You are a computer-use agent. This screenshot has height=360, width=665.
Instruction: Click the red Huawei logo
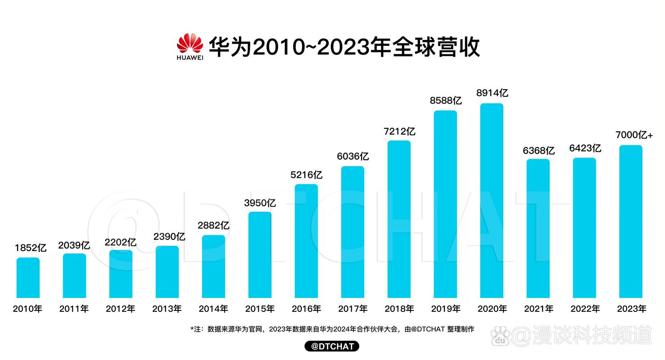(x=190, y=46)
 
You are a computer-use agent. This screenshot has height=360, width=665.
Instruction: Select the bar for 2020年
(x=492, y=201)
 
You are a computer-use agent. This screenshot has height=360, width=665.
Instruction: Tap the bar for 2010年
(x=28, y=278)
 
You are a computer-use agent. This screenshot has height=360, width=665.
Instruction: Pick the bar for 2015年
(x=260, y=255)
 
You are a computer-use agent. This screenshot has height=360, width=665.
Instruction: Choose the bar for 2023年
(x=631, y=221)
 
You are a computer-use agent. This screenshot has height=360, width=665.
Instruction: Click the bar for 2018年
(x=399, y=219)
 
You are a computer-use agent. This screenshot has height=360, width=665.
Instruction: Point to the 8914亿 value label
(x=492, y=93)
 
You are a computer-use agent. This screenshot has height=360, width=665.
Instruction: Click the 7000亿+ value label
(x=634, y=135)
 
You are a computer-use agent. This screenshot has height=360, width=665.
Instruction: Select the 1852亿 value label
(x=31, y=248)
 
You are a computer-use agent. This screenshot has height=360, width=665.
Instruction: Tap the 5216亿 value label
(x=307, y=175)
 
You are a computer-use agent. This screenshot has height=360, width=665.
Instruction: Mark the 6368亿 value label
(x=538, y=150)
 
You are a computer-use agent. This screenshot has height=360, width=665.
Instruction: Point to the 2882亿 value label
(x=213, y=225)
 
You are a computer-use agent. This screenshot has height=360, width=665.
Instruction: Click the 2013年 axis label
(x=167, y=309)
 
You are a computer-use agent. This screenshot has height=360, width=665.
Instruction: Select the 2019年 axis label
(x=445, y=309)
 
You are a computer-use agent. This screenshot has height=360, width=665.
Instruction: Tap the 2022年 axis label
(x=585, y=309)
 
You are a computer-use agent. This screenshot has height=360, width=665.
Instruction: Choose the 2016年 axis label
(x=306, y=309)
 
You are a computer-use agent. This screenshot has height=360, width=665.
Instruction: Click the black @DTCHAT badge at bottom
(x=332, y=346)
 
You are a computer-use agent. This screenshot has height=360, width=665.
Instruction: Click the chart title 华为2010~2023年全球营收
(x=344, y=47)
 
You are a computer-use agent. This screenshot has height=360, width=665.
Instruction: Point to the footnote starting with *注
(x=332, y=329)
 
